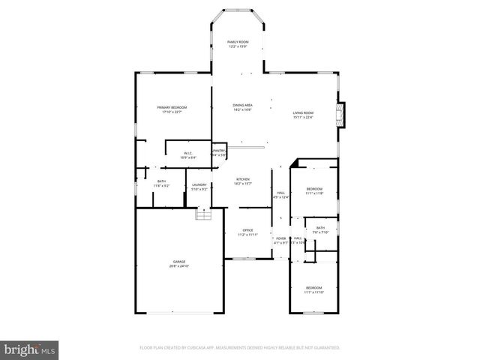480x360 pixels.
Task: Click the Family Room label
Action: [x=238, y=44]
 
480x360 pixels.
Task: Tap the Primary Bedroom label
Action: [x=172, y=109]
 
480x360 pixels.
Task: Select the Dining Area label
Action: [x=242, y=107]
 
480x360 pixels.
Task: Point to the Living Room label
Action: [x=303, y=115]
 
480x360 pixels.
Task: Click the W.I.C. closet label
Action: [x=188, y=155]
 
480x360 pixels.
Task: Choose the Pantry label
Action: [x=220, y=152]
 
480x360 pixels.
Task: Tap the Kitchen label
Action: [x=243, y=181]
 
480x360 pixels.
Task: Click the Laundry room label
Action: [x=199, y=187]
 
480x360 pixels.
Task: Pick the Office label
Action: [x=247, y=232]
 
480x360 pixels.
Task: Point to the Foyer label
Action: [x=280, y=240]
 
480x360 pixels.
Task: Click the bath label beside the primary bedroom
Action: [x=161, y=182]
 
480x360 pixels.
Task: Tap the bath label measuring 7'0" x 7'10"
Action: [x=320, y=230]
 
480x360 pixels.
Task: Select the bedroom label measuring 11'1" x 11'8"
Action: [x=314, y=190]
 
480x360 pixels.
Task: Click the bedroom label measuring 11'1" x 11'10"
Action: [x=313, y=290]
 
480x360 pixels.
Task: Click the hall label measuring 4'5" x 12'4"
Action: [x=281, y=195]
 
